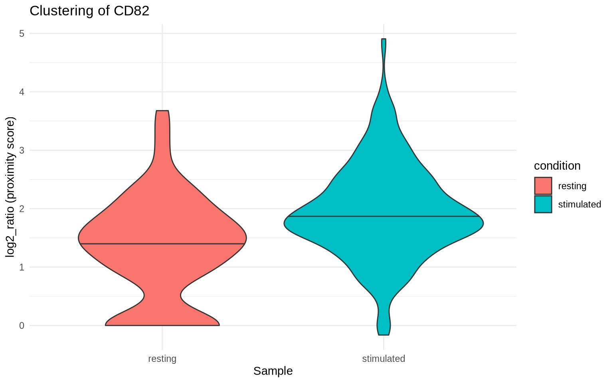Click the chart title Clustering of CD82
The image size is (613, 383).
pos(89,11)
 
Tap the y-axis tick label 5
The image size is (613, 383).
pos(22,34)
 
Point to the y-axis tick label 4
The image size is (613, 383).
pos(22,92)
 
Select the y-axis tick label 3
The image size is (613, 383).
pos(22,150)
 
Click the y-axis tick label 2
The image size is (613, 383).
pos(22,209)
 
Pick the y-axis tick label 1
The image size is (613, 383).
pos(22,267)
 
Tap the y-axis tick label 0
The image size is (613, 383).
pos(22,326)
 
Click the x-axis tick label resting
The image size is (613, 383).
pos(162,359)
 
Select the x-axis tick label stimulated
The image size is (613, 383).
pos(384,359)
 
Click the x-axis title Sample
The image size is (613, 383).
pos(273,371)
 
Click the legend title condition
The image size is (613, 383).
pos(557,166)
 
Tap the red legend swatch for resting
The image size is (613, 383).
pos(543,186)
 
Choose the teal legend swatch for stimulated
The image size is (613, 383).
pos(543,204)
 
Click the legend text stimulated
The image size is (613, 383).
pos(579,205)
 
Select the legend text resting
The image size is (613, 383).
pos(572,186)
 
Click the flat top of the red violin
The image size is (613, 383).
pos(162,111)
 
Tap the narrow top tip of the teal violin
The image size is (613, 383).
pos(384,39)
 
